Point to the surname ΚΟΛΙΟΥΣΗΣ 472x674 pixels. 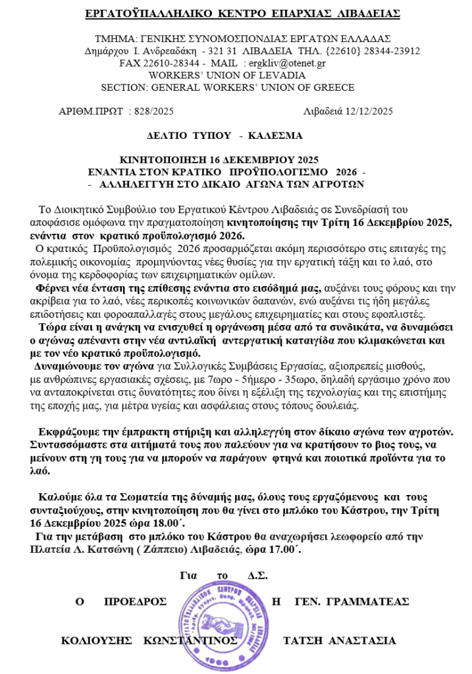(91, 640)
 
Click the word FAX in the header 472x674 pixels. (130, 63)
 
